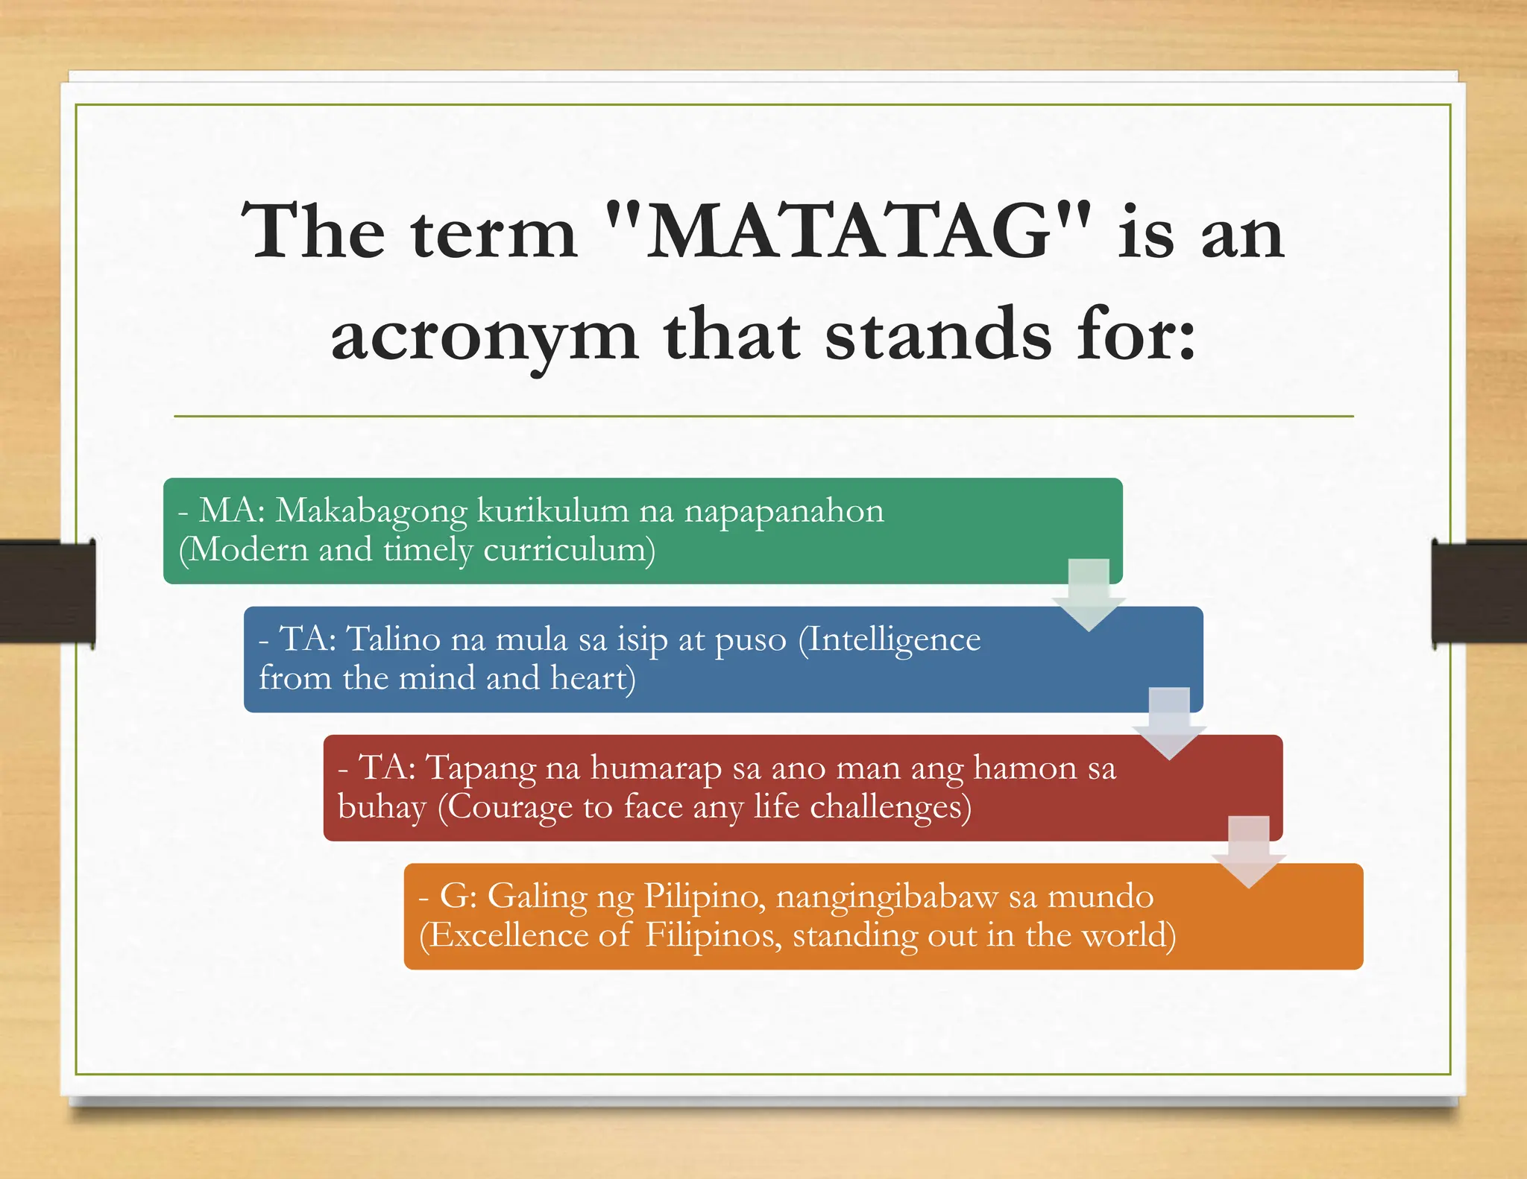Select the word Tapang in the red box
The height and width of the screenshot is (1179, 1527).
480,768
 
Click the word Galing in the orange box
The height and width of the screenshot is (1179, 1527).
537,897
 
